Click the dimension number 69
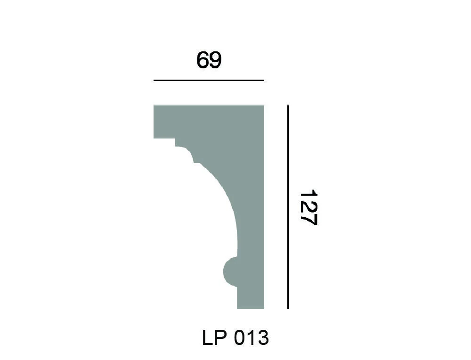pyautogui.click(x=209, y=60)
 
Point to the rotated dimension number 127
pyautogui.click(x=309, y=208)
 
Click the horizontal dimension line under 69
pyautogui.click(x=209, y=81)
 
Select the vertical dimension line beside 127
pyautogui.click(x=288, y=207)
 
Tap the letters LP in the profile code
pyautogui.click(x=214, y=338)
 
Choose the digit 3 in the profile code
pyautogui.click(x=263, y=338)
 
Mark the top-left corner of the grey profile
pyautogui.click(x=154, y=106)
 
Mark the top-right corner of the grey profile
pyautogui.click(x=264, y=106)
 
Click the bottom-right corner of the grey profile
pyautogui.click(x=264, y=309)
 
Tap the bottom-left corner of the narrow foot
pyautogui.click(x=237, y=309)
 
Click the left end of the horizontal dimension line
pyautogui.click(x=154, y=81)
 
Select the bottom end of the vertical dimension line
pyautogui.click(x=288, y=309)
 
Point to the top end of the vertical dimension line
pyautogui.click(x=288, y=106)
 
